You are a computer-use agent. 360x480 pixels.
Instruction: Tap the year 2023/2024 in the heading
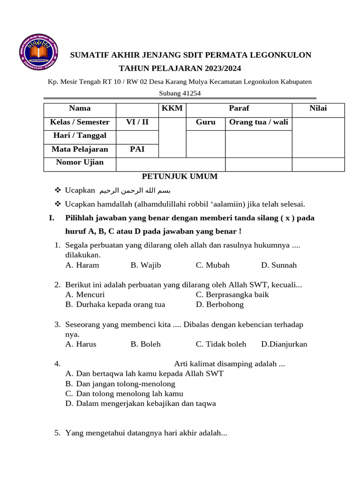click(x=219, y=68)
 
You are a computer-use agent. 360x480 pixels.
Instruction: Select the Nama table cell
click(x=80, y=108)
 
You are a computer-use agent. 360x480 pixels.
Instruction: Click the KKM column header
click(x=172, y=108)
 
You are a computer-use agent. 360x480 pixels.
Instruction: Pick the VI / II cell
click(x=137, y=122)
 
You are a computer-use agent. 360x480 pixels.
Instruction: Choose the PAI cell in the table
click(x=137, y=150)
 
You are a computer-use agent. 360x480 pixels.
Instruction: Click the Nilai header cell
click(x=318, y=108)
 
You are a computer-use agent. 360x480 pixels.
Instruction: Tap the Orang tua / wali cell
click(x=258, y=122)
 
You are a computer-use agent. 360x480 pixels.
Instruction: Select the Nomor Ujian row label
click(x=80, y=163)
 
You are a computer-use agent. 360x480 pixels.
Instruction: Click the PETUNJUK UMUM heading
click(x=180, y=177)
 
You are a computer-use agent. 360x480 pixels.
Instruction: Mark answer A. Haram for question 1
click(x=82, y=265)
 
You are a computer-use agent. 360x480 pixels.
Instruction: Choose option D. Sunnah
click(x=279, y=265)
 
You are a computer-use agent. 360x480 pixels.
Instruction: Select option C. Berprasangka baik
click(x=232, y=295)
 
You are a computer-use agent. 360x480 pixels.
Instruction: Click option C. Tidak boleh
click(x=221, y=344)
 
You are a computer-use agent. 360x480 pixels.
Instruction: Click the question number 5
click(x=57, y=433)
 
